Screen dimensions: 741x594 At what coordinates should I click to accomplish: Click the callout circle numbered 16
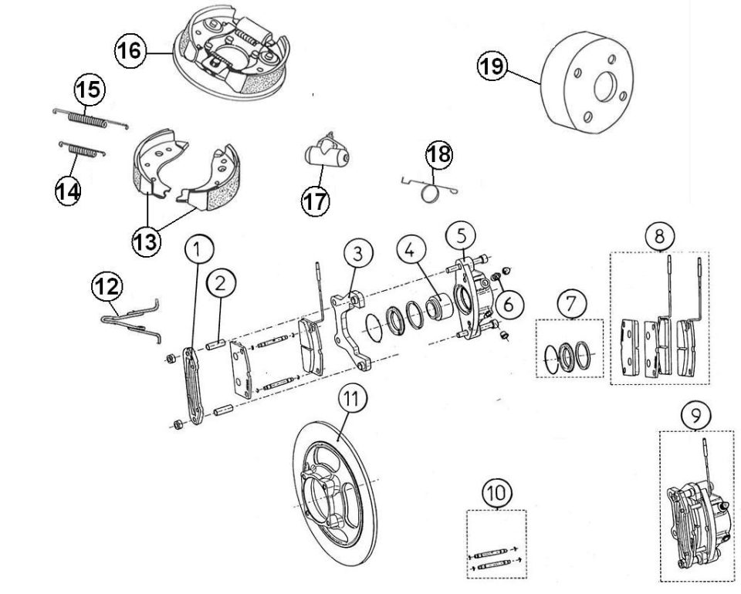[130, 50]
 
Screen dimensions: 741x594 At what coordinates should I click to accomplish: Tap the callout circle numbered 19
[492, 66]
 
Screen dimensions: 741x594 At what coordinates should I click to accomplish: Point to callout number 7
[572, 304]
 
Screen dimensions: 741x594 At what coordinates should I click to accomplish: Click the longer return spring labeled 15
[90, 119]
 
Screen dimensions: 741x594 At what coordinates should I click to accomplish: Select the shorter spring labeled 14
[83, 150]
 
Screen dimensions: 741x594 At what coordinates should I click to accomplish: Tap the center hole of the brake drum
[604, 87]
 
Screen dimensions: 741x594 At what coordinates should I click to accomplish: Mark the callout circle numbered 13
[147, 241]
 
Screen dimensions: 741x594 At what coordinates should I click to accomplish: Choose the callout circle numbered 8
[660, 235]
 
